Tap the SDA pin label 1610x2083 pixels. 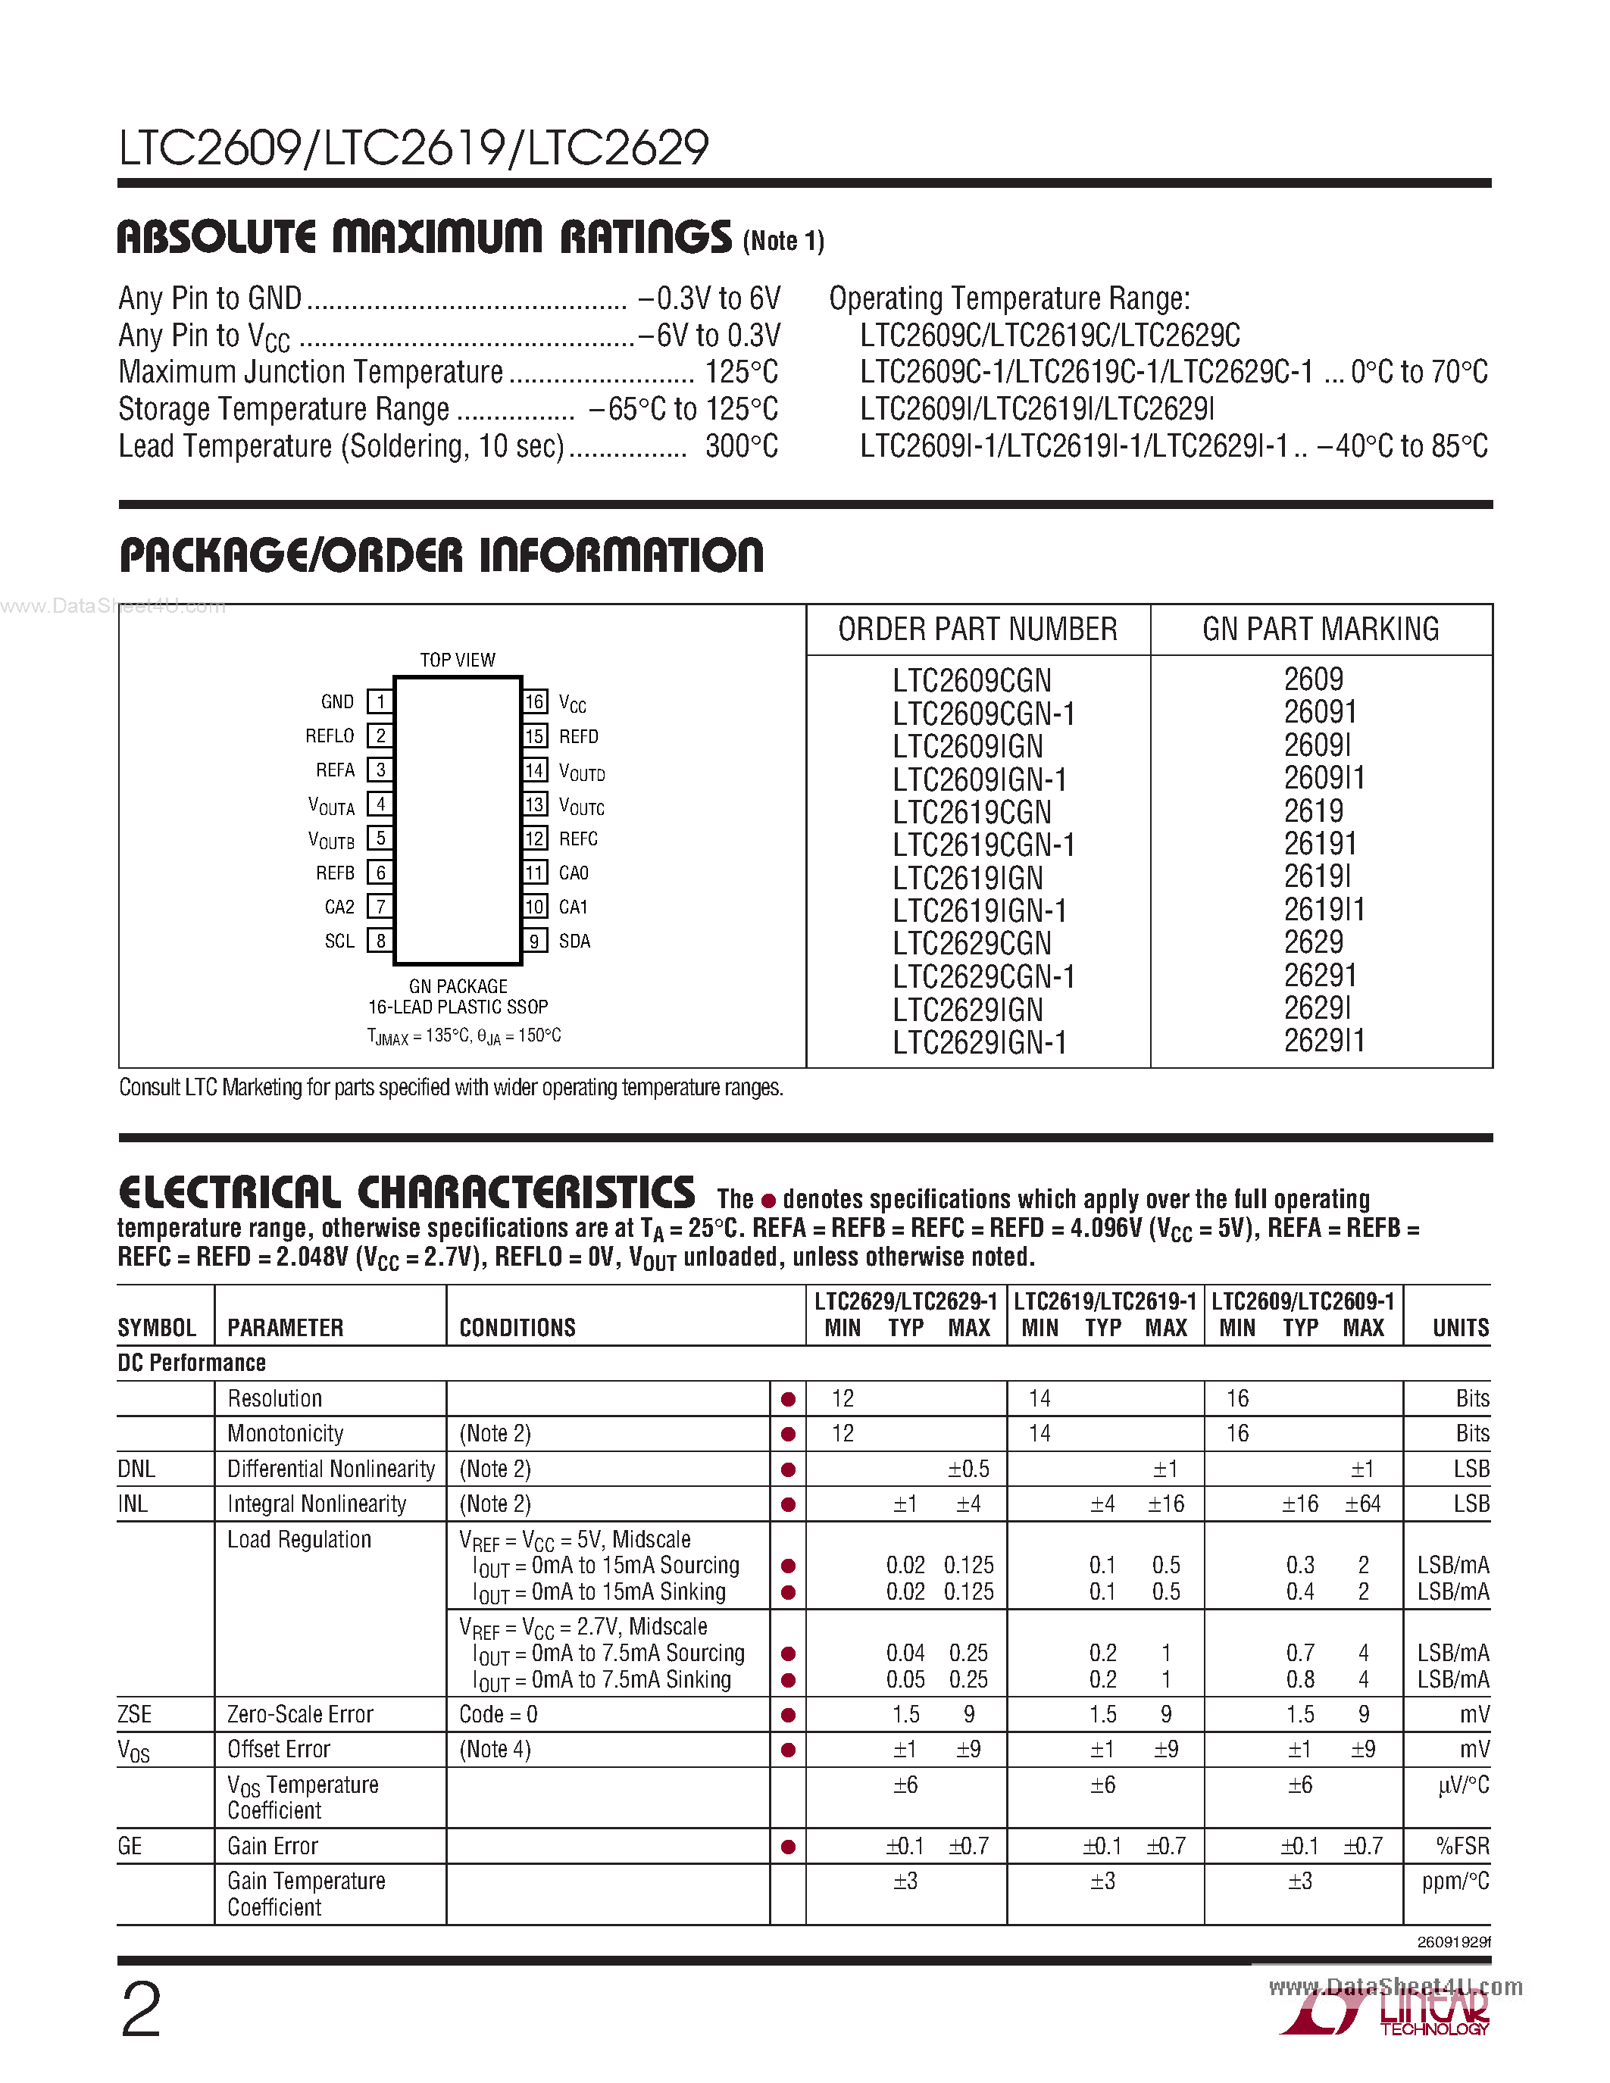574,942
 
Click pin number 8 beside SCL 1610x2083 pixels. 380,942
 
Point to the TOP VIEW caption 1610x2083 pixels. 458,660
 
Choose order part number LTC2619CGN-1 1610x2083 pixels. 983,846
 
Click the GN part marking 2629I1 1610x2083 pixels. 1324,1041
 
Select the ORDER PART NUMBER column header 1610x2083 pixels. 977,629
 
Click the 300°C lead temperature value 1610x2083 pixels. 741,446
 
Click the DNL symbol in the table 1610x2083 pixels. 136,1469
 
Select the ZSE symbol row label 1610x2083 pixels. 135,1714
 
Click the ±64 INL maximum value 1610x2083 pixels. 1362,1504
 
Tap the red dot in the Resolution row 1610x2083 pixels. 788,1399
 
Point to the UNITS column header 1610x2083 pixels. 1460,1328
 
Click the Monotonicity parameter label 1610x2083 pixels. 285,1434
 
